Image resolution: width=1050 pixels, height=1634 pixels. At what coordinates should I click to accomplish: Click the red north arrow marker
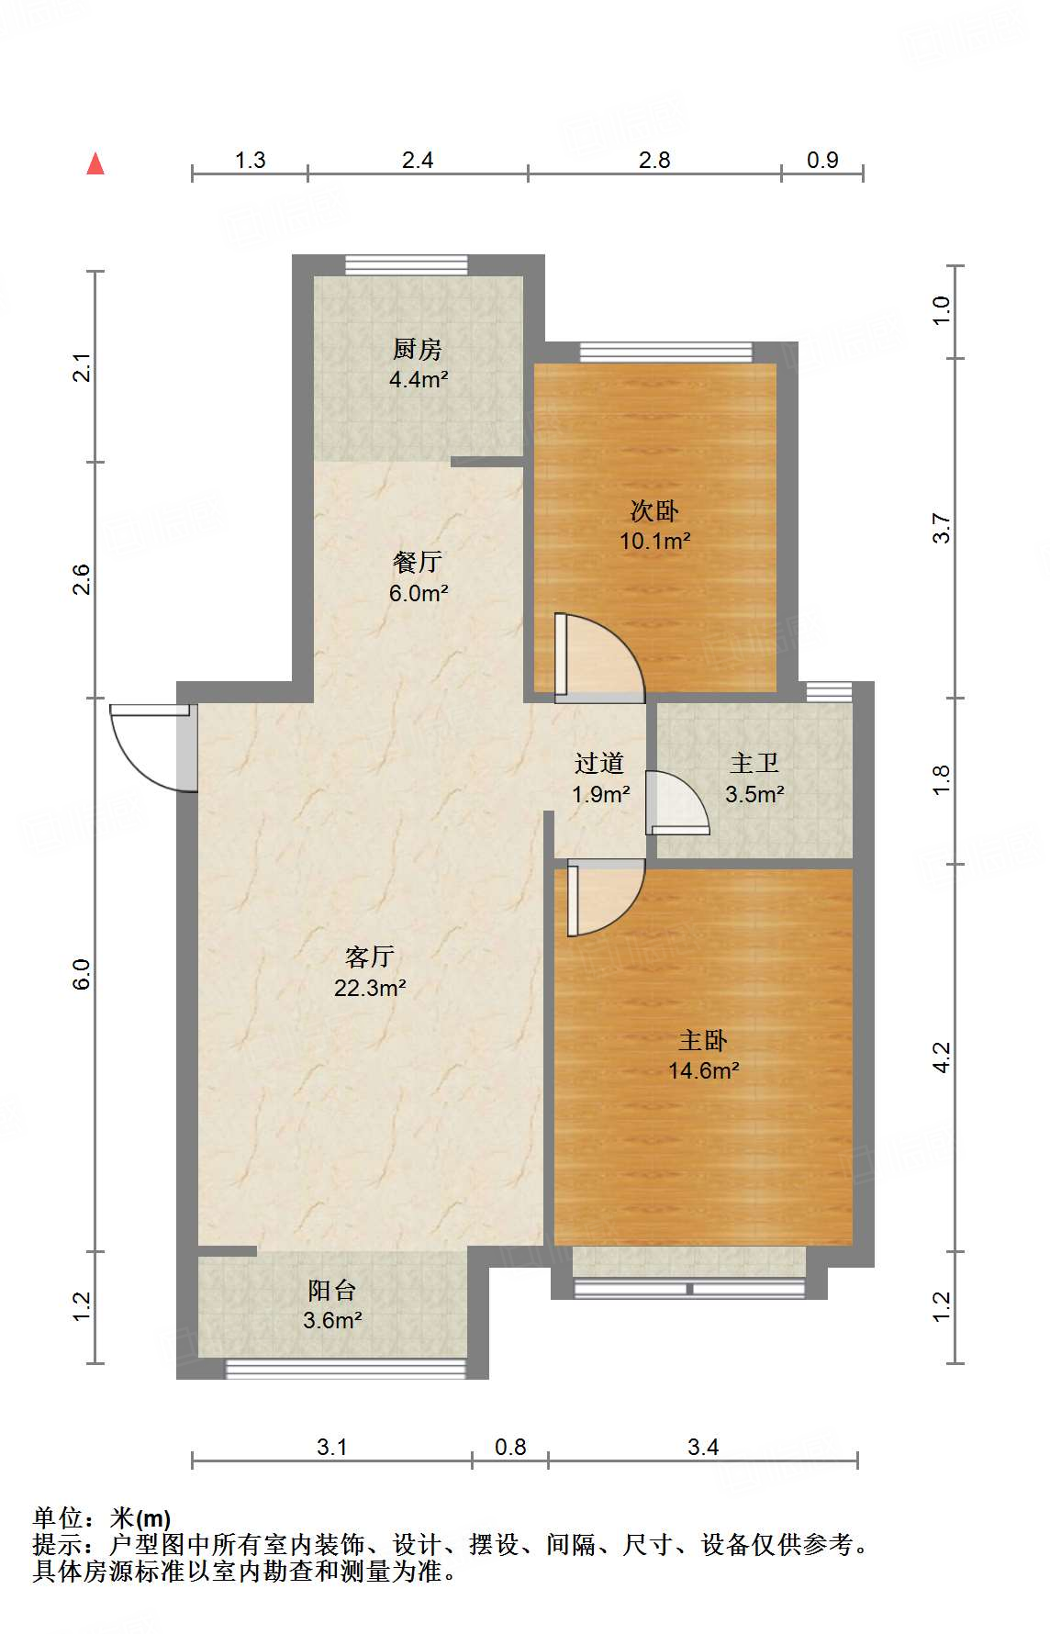tap(95, 163)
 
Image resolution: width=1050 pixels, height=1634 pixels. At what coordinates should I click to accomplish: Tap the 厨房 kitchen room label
tap(418, 349)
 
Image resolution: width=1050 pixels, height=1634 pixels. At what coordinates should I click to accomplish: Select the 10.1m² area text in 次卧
tap(654, 542)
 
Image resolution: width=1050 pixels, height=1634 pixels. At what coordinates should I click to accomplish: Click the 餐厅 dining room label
tap(418, 562)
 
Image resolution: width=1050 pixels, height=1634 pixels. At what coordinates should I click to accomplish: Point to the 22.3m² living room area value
tap(370, 989)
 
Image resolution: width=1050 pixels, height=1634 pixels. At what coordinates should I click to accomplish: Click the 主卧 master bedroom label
tap(703, 1040)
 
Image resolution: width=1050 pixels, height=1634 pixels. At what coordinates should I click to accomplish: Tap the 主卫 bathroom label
tap(754, 763)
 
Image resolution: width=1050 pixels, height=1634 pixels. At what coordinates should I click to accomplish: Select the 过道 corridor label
tap(599, 763)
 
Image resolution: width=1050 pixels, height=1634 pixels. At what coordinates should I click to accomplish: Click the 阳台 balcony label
tap(332, 1290)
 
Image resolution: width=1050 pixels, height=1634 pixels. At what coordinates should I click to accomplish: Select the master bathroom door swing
tap(677, 803)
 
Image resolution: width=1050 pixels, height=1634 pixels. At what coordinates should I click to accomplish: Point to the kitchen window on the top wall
tap(407, 264)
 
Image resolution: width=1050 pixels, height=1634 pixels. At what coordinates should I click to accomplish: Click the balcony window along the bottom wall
tap(345, 1369)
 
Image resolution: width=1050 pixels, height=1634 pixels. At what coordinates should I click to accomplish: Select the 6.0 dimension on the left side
tap(82, 974)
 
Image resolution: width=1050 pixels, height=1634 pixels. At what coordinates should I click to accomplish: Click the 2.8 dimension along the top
tap(654, 160)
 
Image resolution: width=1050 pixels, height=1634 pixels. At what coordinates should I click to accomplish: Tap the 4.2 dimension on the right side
tap(942, 1057)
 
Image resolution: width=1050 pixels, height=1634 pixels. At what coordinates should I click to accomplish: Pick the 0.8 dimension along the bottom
tap(510, 1448)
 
